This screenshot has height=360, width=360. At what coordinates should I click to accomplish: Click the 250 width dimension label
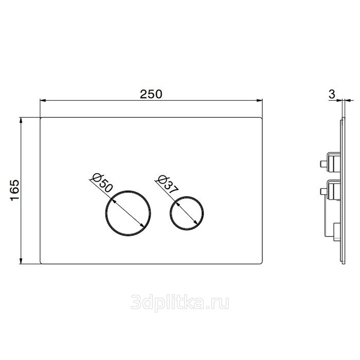[151, 94]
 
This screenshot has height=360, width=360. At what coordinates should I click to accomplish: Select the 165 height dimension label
[15, 190]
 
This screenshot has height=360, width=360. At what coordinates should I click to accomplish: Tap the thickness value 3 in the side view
[332, 94]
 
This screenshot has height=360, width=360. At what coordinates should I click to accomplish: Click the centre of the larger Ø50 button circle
[128, 213]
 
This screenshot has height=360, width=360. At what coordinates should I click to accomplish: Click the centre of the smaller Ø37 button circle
[187, 213]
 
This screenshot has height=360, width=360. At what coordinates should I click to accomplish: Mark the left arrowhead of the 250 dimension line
[43, 100]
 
